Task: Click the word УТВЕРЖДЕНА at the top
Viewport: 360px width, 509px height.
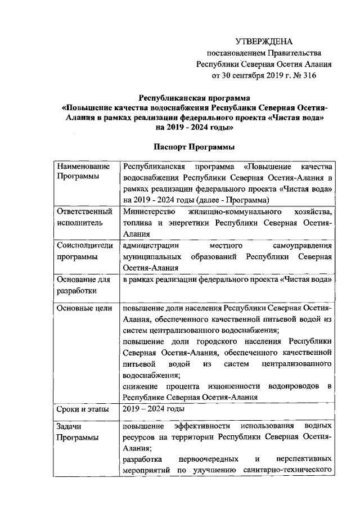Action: (264, 42)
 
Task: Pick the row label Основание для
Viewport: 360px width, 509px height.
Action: (84, 280)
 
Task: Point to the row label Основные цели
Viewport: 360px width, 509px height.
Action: (84, 308)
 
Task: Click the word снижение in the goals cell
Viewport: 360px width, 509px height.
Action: (141, 385)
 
